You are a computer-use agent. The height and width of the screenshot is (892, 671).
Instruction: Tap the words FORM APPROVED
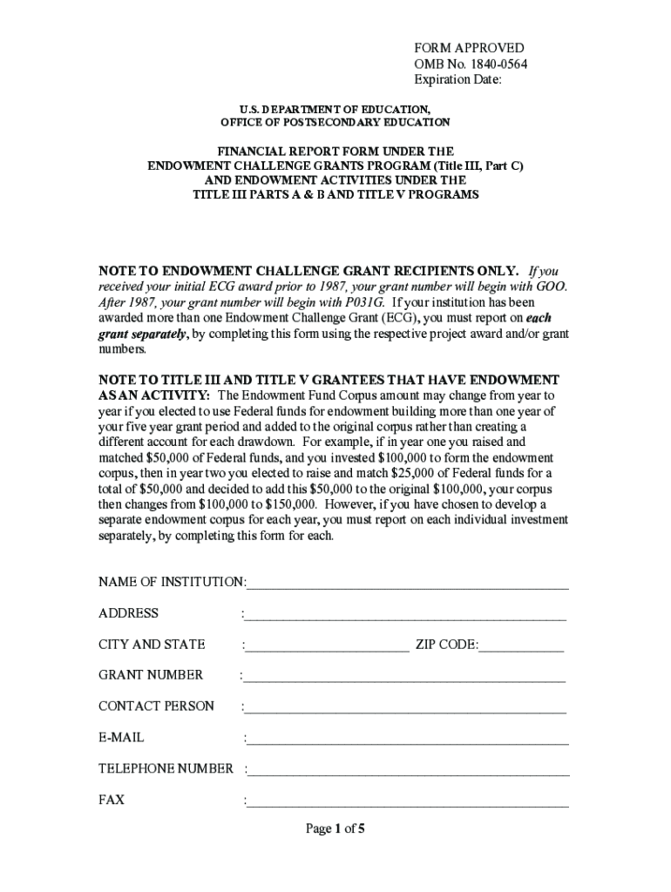coord(469,48)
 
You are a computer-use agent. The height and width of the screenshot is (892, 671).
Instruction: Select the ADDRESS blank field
coord(405,614)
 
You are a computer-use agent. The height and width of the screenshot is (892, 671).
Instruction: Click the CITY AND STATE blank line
coord(328,645)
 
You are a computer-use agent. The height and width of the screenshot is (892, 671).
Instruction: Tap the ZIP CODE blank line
coord(521,645)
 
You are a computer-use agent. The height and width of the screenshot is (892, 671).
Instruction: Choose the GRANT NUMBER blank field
coord(404,676)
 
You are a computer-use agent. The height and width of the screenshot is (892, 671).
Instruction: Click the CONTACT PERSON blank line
coord(405,707)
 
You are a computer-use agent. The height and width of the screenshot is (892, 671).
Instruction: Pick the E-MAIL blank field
coord(408,739)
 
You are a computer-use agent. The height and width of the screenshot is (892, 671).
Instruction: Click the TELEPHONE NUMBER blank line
coord(409,769)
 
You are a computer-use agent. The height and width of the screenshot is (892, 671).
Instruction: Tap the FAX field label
coord(112,799)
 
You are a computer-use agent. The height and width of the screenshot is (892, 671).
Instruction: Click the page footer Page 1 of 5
coord(335,829)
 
